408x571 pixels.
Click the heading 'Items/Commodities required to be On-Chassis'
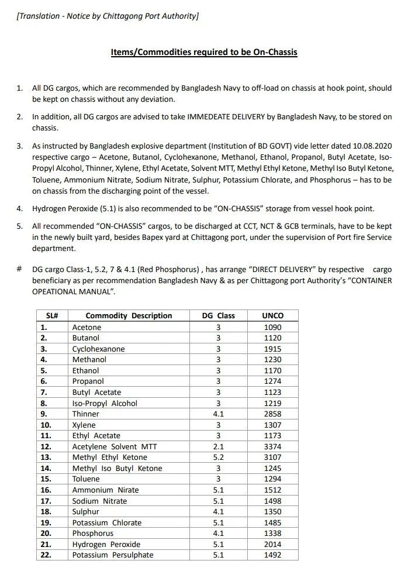(204, 52)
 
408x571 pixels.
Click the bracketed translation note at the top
(108, 16)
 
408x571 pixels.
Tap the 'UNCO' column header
(272, 315)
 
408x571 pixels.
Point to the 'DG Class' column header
(218, 315)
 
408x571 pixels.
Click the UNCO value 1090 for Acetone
(272, 327)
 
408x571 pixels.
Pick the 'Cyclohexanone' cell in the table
(98, 349)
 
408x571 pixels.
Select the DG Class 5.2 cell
(218, 457)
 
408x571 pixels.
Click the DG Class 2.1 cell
(218, 446)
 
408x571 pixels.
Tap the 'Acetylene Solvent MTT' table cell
(114, 446)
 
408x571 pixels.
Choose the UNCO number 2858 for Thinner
(272, 414)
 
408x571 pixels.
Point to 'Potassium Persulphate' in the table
(113, 555)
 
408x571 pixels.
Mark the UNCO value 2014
(272, 544)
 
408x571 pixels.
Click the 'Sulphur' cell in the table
(85, 511)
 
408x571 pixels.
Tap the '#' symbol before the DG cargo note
(19, 269)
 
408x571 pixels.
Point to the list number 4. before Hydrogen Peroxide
(19, 208)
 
